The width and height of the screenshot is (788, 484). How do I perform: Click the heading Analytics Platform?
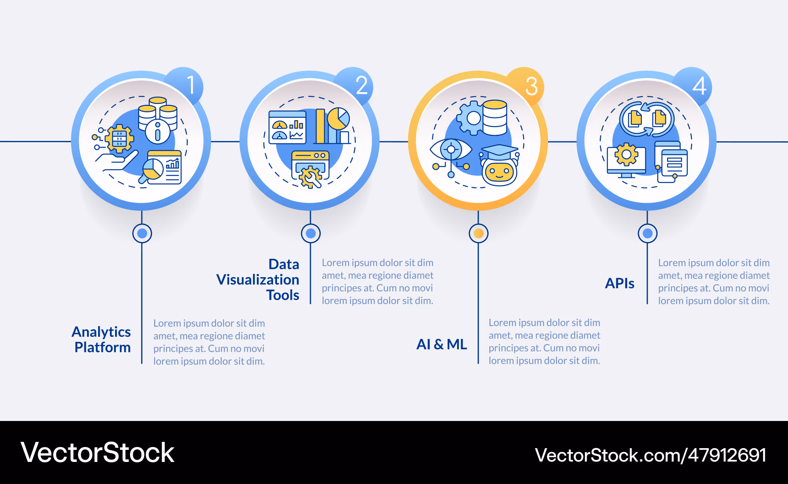101,339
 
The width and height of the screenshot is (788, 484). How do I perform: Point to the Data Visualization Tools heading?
258,279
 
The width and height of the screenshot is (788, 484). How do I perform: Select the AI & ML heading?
442,344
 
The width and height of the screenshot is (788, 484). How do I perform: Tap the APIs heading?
620,283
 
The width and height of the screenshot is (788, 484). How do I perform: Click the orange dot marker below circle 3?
479,234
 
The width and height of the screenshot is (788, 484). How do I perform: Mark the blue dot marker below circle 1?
142,234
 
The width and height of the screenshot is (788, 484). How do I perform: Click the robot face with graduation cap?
499,165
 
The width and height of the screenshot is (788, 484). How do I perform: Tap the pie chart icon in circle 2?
338,119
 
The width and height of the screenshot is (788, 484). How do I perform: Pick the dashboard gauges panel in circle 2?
287,127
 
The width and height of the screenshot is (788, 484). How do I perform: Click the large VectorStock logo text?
97,452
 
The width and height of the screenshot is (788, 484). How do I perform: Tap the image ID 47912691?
727,455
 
